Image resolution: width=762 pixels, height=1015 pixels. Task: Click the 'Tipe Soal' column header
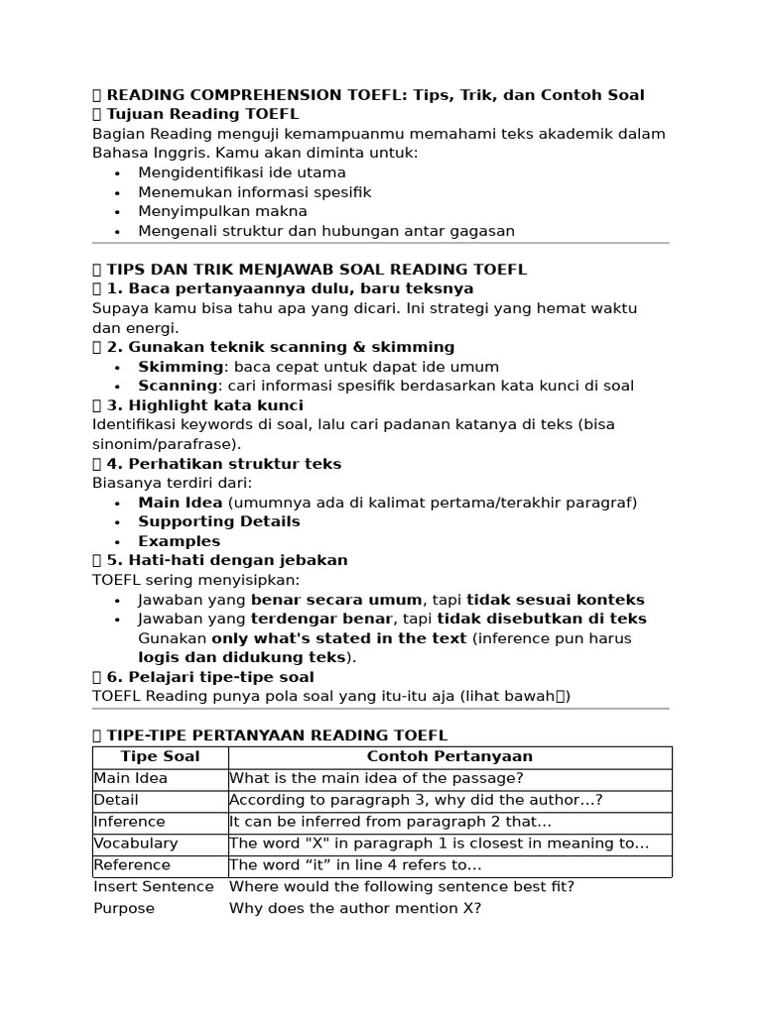[160, 756]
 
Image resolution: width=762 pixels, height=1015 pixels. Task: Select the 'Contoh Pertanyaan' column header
[449, 756]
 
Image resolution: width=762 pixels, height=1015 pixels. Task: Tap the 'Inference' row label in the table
[129, 822]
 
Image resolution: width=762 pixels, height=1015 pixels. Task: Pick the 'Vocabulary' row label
[136, 844]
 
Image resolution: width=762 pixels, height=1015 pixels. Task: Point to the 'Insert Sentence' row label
[154, 886]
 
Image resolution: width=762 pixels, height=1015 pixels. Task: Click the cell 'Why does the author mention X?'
[355, 908]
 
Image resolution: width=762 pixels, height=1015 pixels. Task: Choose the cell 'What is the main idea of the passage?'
[376, 778]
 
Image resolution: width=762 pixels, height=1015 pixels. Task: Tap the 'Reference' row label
[132, 865]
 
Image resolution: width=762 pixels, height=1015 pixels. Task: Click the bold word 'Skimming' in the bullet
[181, 367]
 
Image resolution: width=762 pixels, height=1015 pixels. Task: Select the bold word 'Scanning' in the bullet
[178, 386]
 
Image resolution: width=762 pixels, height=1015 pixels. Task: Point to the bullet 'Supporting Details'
[219, 521]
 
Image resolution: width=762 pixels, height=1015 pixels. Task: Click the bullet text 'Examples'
[180, 541]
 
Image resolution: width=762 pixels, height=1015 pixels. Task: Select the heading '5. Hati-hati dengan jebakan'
[226, 560]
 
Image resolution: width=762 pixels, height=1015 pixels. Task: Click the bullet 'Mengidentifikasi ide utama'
[241, 173]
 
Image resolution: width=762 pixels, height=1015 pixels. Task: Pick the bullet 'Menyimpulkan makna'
[222, 211]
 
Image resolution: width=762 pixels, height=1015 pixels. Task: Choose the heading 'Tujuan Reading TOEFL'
[202, 114]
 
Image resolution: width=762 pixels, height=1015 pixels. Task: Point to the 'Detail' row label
[116, 800]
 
